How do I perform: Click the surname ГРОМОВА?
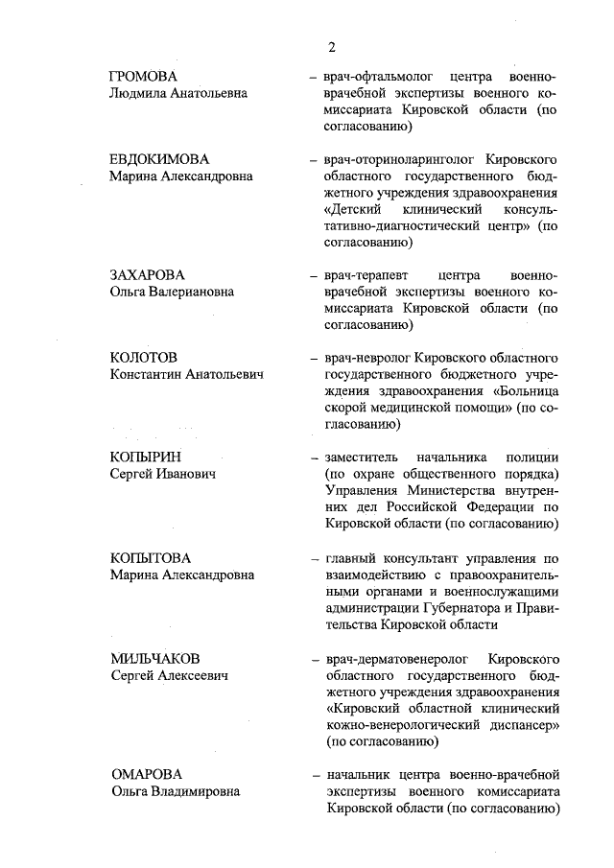[x=145, y=77]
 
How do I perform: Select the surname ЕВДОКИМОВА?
[x=159, y=159]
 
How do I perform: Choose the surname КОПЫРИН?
[x=145, y=457]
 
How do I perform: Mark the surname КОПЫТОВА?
[x=151, y=558]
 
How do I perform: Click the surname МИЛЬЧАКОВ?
[x=154, y=659]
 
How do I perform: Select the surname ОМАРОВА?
[x=146, y=774]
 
